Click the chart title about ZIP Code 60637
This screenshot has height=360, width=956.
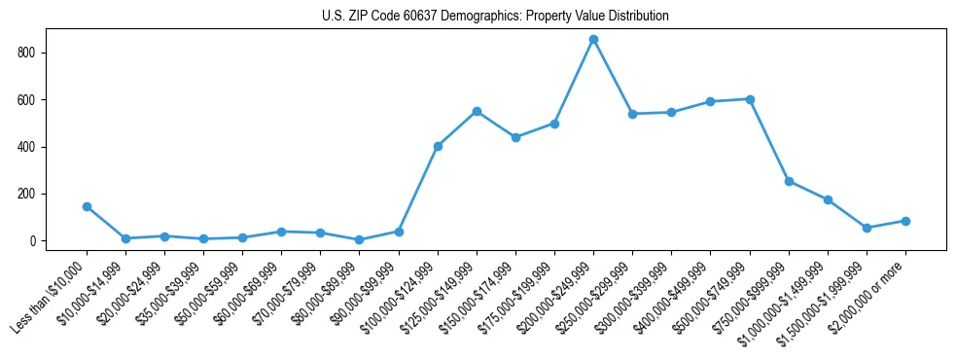click(x=495, y=16)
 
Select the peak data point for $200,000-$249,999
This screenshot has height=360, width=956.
click(x=593, y=39)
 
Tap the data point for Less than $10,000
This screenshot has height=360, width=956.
click(x=87, y=206)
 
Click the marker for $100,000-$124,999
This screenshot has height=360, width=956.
click(x=438, y=146)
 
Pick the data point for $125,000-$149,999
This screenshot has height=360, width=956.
click(x=477, y=111)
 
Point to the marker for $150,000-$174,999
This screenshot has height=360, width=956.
click(x=515, y=137)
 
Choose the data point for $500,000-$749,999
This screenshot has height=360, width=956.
click(x=750, y=98)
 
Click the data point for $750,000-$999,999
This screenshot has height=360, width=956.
click(x=789, y=181)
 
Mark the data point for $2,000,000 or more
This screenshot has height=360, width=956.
click(x=905, y=221)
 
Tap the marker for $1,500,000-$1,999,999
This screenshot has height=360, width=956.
click(x=867, y=228)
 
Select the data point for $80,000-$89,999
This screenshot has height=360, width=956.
click(x=360, y=239)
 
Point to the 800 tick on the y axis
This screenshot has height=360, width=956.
click(x=35, y=53)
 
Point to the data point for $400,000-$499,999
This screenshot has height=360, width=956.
click(x=711, y=101)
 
